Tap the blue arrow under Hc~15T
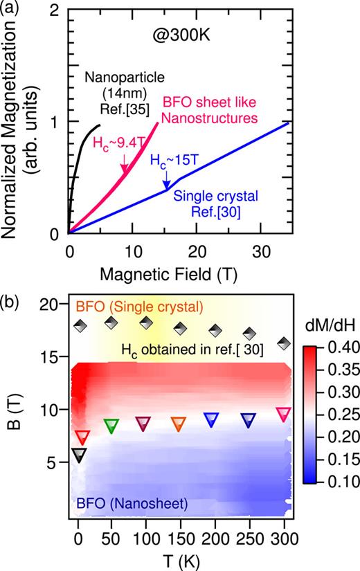point(166,183)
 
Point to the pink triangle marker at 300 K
point(282,415)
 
